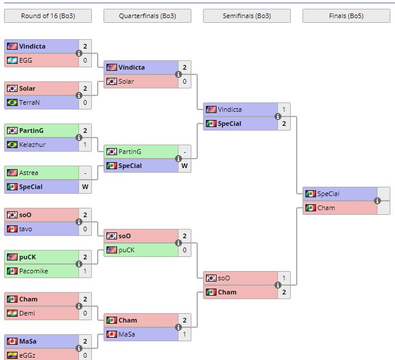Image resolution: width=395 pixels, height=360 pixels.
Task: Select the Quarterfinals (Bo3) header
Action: pyautogui.click(x=147, y=16)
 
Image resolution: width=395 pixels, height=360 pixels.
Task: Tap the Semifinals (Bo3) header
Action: pyautogui.click(x=247, y=16)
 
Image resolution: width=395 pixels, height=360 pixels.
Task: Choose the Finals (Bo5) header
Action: pyautogui.click(x=346, y=16)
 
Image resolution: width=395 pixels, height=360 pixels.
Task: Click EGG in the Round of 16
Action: pyautogui.click(x=26, y=60)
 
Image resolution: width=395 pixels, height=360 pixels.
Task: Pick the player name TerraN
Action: pyautogui.click(x=30, y=102)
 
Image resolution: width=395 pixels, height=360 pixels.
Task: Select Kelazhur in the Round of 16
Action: pyautogui.click(x=32, y=145)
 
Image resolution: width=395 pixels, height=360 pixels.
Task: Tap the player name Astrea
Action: pyautogui.click(x=29, y=173)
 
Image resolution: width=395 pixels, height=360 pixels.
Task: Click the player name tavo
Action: pyautogui.click(x=26, y=229)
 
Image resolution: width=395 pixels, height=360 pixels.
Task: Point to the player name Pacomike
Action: pyautogui.click(x=33, y=271)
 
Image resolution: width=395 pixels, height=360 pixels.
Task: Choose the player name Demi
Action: pyautogui.click(x=27, y=313)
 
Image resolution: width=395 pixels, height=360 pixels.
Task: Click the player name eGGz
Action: pyautogui.click(x=28, y=355)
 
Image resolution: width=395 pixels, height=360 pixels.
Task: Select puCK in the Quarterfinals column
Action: pyautogui.click(x=126, y=250)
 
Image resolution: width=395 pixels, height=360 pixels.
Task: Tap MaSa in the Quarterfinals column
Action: pyautogui.click(x=128, y=334)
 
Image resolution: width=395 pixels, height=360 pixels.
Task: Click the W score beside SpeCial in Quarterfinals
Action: pyautogui.click(x=184, y=166)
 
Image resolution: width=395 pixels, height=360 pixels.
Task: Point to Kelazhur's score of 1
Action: pyautogui.click(x=85, y=145)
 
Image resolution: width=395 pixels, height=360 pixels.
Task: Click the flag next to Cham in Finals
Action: pyautogui.click(x=310, y=208)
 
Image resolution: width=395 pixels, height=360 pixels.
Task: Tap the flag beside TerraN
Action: pyautogui.click(x=12, y=102)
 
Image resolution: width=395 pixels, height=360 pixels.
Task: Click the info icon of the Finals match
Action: pyautogui.click(x=377, y=201)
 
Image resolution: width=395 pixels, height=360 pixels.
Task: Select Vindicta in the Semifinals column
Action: pyautogui.click(x=229, y=109)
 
